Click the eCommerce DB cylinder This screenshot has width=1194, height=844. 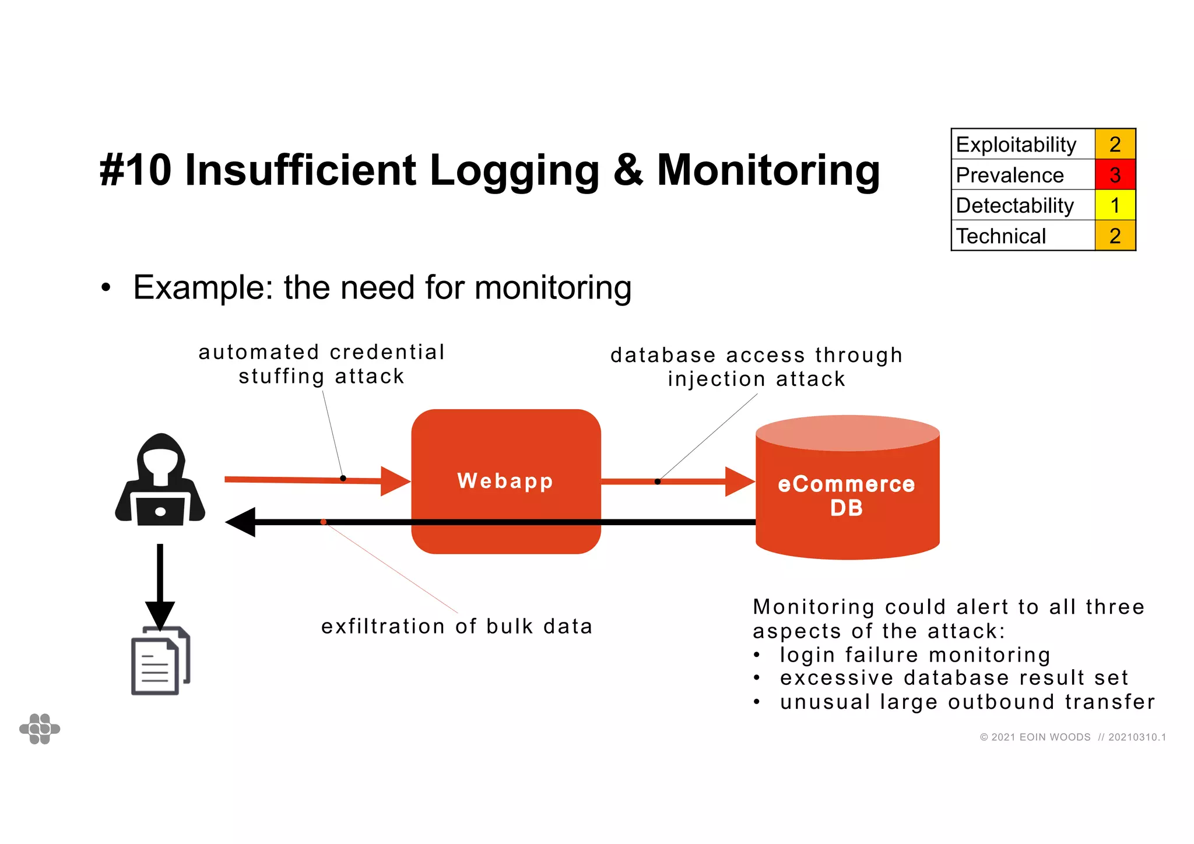click(847, 495)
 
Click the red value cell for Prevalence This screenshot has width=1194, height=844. click(1115, 175)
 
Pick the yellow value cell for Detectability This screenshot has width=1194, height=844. click(1115, 205)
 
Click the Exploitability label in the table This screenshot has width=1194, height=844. click(1016, 145)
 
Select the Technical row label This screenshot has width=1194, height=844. click(1001, 236)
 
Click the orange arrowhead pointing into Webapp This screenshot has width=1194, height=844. click(395, 481)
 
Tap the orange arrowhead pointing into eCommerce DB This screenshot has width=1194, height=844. click(739, 481)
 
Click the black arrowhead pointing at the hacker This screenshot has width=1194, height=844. click(241, 522)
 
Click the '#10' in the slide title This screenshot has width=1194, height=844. click(136, 170)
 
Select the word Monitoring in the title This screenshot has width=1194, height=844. click(768, 170)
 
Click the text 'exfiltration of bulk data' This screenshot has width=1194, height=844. click(456, 626)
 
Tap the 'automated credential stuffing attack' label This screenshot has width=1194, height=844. click(321, 364)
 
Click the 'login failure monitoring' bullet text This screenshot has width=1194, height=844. click(915, 655)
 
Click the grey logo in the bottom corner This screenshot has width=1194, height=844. click(40, 729)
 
